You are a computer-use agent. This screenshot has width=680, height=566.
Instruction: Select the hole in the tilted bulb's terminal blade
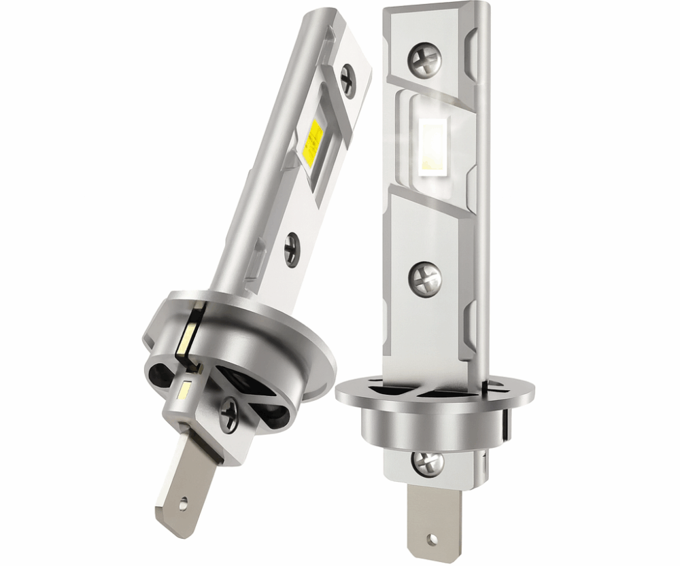pyautogui.click(x=186, y=503)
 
